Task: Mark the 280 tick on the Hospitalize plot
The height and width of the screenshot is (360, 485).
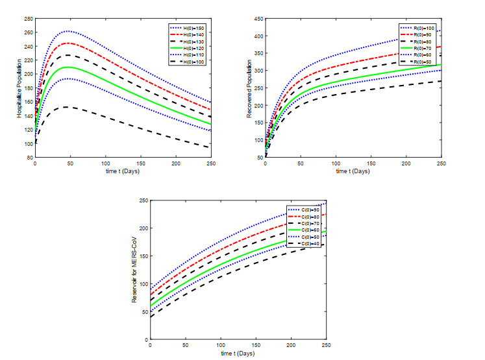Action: pos(29,19)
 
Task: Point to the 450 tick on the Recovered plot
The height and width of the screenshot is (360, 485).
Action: pos(258,19)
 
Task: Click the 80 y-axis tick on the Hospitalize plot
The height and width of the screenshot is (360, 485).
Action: pos(30,157)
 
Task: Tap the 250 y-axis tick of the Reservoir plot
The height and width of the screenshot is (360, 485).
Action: pos(143,201)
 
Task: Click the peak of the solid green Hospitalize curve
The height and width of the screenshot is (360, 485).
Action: pos(66,67)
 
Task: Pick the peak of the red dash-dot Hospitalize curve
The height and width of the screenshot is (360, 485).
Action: pos(67,43)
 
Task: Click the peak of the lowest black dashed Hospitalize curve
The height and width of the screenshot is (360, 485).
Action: pos(65,107)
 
